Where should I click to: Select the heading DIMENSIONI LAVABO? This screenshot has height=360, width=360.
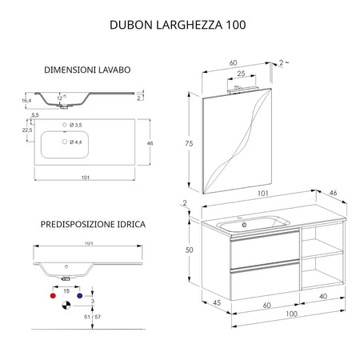point(88,70)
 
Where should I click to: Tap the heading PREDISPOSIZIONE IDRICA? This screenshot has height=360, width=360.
point(93,225)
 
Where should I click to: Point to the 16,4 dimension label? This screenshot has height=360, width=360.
point(27,101)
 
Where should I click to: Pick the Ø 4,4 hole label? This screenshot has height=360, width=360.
point(76,142)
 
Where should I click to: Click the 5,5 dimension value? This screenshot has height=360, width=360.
point(34,116)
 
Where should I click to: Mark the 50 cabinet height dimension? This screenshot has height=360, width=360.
point(189,250)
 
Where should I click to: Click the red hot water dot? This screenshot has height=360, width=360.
point(54,295)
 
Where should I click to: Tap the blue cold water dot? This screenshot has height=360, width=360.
point(79,295)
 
